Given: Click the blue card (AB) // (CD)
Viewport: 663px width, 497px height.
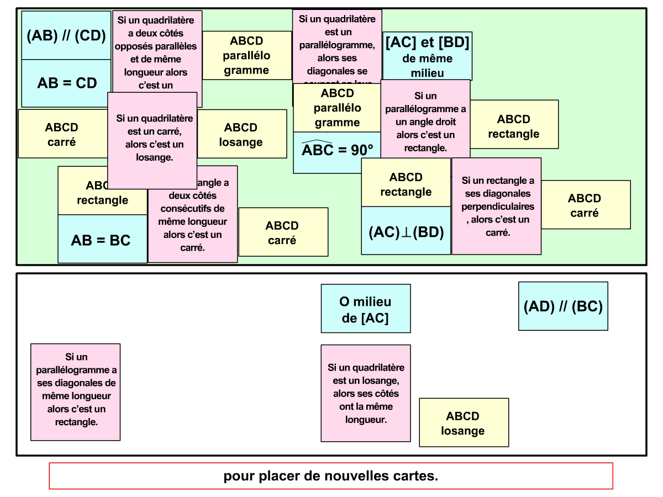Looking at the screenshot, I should (x=66, y=36).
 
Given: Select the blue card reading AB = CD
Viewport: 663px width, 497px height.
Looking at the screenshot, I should (x=66, y=83).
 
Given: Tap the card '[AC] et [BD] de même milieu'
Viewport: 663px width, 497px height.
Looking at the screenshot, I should (x=427, y=57).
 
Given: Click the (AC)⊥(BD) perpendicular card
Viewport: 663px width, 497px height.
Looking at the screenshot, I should (x=406, y=231).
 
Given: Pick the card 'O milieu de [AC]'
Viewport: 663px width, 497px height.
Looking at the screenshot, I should (x=366, y=309).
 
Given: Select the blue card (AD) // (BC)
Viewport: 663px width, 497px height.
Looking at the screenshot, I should (x=563, y=306).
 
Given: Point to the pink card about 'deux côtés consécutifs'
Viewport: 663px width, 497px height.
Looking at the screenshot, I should (x=193, y=221).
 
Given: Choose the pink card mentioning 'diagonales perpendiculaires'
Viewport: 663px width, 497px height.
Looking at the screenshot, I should (x=496, y=207).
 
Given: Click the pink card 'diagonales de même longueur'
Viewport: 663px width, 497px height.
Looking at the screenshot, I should (x=75, y=392).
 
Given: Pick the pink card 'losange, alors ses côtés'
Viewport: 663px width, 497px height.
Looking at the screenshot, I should (x=366, y=393).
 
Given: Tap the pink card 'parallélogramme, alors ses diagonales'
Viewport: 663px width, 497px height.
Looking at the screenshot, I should (x=337, y=47).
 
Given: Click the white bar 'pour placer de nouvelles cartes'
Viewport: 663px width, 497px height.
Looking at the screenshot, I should (x=331, y=476).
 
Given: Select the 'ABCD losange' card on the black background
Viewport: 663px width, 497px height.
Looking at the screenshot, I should (x=464, y=422).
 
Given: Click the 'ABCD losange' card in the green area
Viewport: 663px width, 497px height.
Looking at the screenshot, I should (x=242, y=134).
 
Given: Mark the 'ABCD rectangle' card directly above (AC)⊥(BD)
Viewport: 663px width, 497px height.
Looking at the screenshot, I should (x=406, y=183).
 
